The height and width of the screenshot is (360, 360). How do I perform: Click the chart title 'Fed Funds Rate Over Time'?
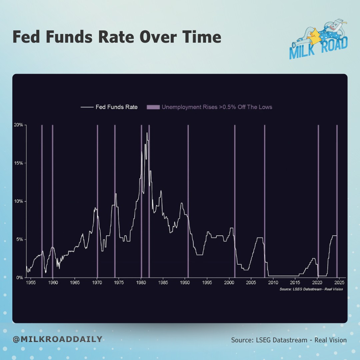click(x=117, y=37)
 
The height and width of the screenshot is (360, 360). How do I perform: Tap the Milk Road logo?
click(x=318, y=39)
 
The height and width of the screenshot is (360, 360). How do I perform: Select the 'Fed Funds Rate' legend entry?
click(x=109, y=107)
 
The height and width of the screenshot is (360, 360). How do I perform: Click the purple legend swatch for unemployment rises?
click(x=153, y=107)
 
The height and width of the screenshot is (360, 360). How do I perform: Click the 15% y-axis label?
click(x=18, y=163)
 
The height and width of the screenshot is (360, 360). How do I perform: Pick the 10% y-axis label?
click(x=18, y=201)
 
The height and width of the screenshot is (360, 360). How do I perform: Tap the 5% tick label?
click(x=20, y=239)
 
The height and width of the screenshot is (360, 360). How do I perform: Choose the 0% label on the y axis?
click(x=20, y=278)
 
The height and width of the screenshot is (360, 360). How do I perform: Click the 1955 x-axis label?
click(x=31, y=282)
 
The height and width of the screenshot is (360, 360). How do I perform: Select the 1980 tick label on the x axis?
click(x=141, y=282)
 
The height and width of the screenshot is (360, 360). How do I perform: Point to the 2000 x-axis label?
click(x=229, y=282)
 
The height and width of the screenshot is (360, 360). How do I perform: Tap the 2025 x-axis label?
click(x=339, y=282)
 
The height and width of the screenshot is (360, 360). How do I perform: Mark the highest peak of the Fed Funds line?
click(x=147, y=133)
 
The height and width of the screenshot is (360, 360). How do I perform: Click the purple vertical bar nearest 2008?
click(x=264, y=201)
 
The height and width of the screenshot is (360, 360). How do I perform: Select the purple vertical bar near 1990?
click(x=188, y=201)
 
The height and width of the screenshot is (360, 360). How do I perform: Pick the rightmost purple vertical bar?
click(x=337, y=201)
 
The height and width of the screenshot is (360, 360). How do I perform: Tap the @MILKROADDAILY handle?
click(x=57, y=339)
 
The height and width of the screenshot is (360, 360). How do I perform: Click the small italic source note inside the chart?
click(x=311, y=289)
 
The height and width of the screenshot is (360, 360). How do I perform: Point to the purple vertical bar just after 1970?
click(x=97, y=201)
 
